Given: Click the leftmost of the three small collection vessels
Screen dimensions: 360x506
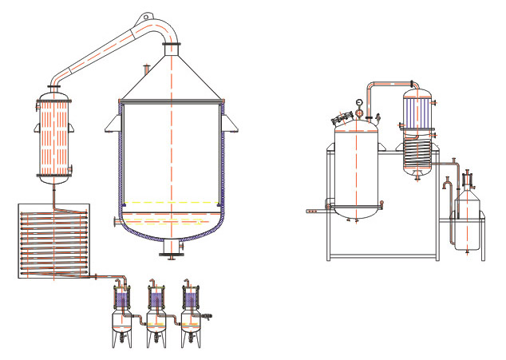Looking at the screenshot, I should pyautogui.click(x=121, y=316).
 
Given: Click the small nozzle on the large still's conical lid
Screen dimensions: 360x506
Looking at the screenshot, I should pyautogui.click(x=145, y=69).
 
